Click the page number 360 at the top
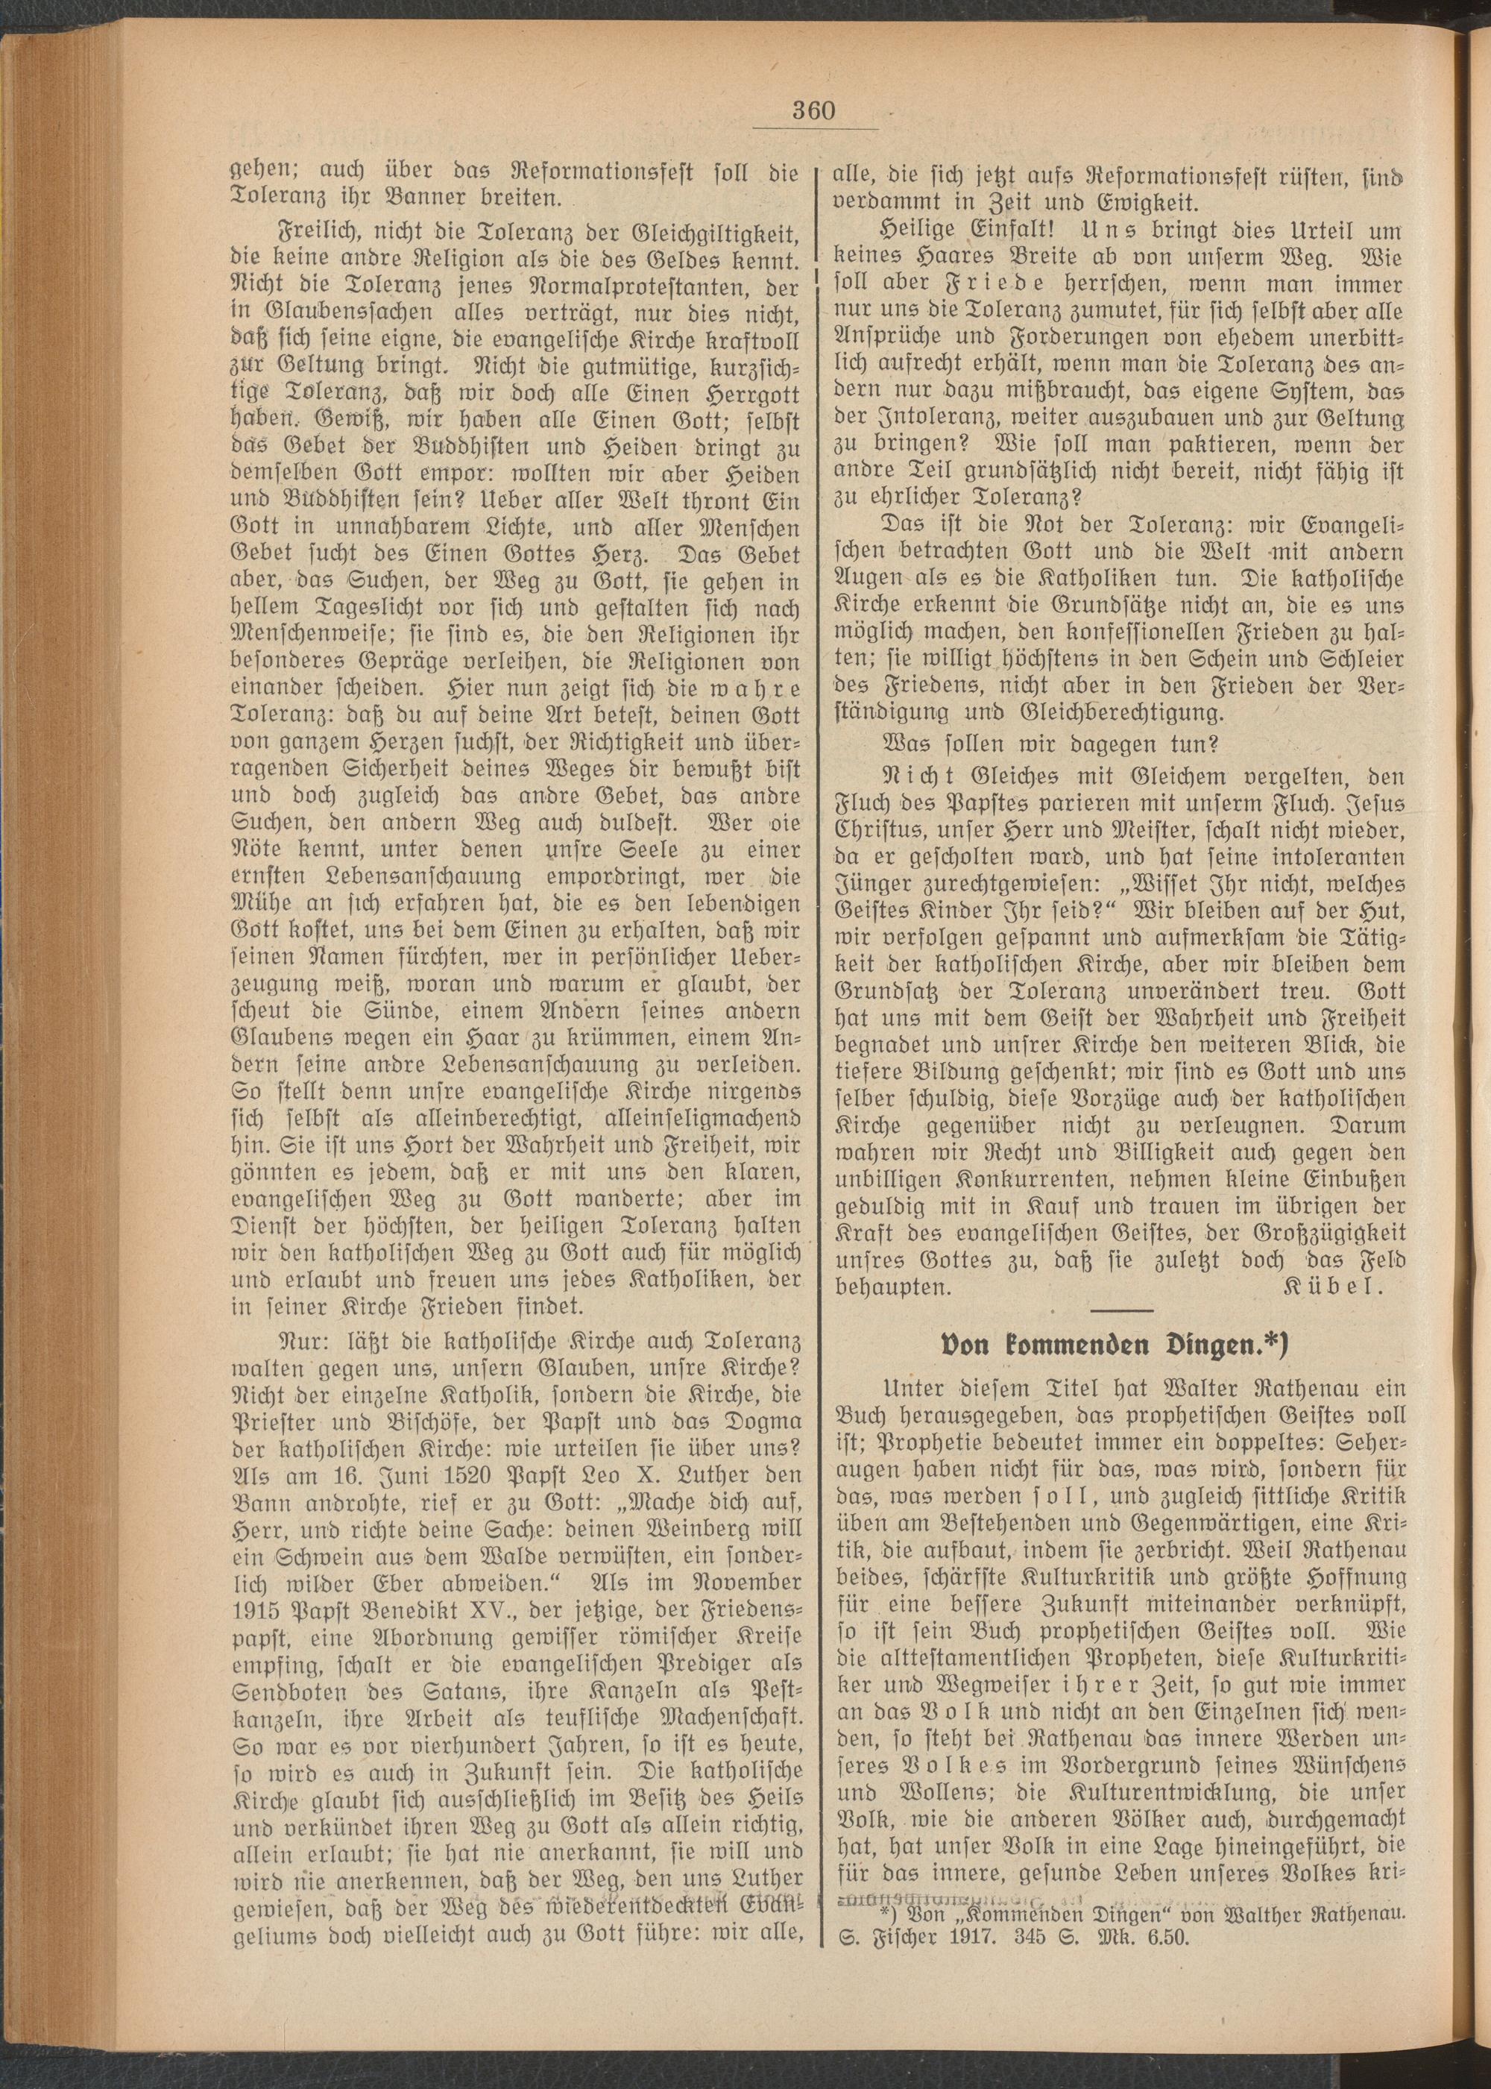click(x=813, y=112)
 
